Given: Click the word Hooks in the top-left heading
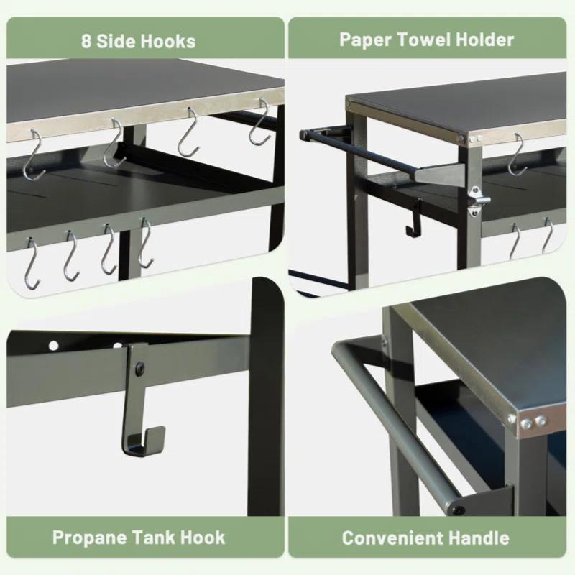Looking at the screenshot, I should pyautogui.click(x=168, y=41).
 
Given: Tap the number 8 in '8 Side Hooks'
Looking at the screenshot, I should pyautogui.click(x=86, y=41).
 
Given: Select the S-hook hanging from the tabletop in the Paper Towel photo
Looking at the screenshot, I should pyautogui.click(x=516, y=155).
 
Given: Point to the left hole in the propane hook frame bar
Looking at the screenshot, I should pyautogui.click(x=53, y=346).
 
